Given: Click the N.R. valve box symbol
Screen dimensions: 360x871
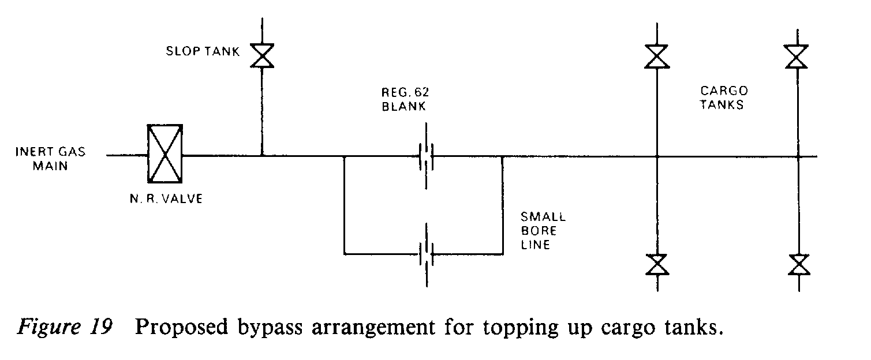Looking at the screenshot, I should pyautogui.click(x=165, y=155).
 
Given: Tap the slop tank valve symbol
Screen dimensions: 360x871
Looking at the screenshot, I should pyautogui.click(x=262, y=57).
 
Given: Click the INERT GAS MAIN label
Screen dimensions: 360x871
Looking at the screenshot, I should pyautogui.click(x=51, y=158).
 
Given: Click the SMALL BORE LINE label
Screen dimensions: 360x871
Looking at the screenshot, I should pyautogui.click(x=543, y=231).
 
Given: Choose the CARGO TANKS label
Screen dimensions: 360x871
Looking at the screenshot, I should pyautogui.click(x=724, y=97).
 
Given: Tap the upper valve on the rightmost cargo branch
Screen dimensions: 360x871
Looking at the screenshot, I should pyautogui.click(x=798, y=57).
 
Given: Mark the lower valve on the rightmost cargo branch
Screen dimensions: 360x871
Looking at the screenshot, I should pyautogui.click(x=798, y=265).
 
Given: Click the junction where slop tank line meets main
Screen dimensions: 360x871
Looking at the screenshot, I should pyautogui.click(x=262, y=155).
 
